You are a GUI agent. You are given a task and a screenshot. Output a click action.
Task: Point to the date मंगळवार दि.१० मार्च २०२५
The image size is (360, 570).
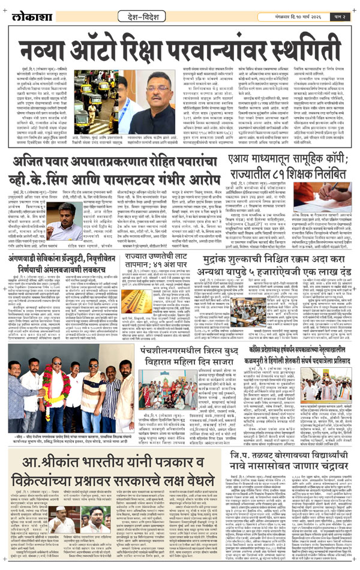[x=290, y=14]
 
